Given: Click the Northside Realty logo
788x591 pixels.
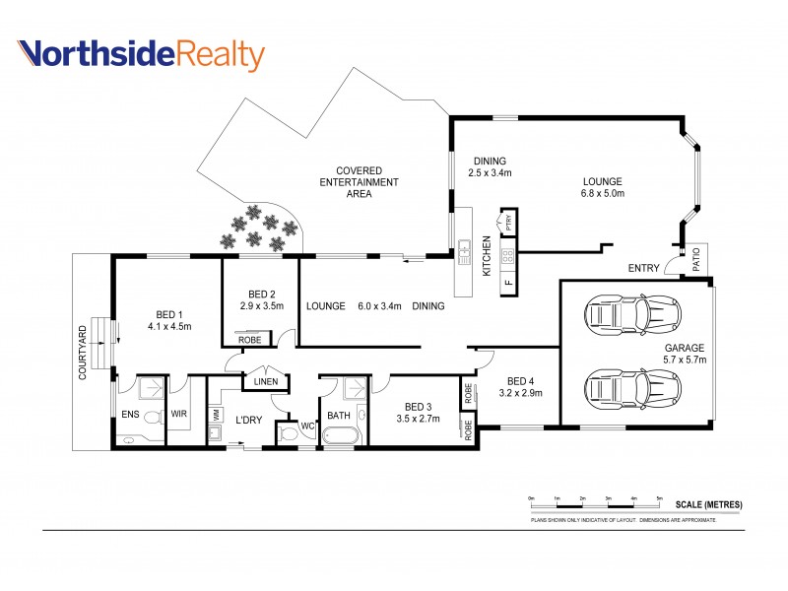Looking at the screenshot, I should click(142, 55).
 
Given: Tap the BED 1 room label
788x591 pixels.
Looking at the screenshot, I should click(168, 319).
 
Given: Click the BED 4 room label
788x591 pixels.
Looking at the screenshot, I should click(523, 387).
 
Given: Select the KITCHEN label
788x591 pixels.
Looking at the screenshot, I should click(486, 255).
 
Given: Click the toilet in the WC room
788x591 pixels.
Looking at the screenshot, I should click(289, 432).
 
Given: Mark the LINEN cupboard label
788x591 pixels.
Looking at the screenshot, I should click(265, 382).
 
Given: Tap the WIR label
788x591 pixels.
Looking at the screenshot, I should click(180, 415).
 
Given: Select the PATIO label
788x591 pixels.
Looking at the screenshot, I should click(695, 259).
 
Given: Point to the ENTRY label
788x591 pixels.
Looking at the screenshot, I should click(643, 268).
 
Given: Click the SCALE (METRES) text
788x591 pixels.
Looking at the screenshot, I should click(708, 505).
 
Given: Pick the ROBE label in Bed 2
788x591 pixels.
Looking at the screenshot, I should click(249, 340).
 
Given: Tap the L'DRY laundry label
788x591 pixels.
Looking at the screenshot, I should click(247, 420).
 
